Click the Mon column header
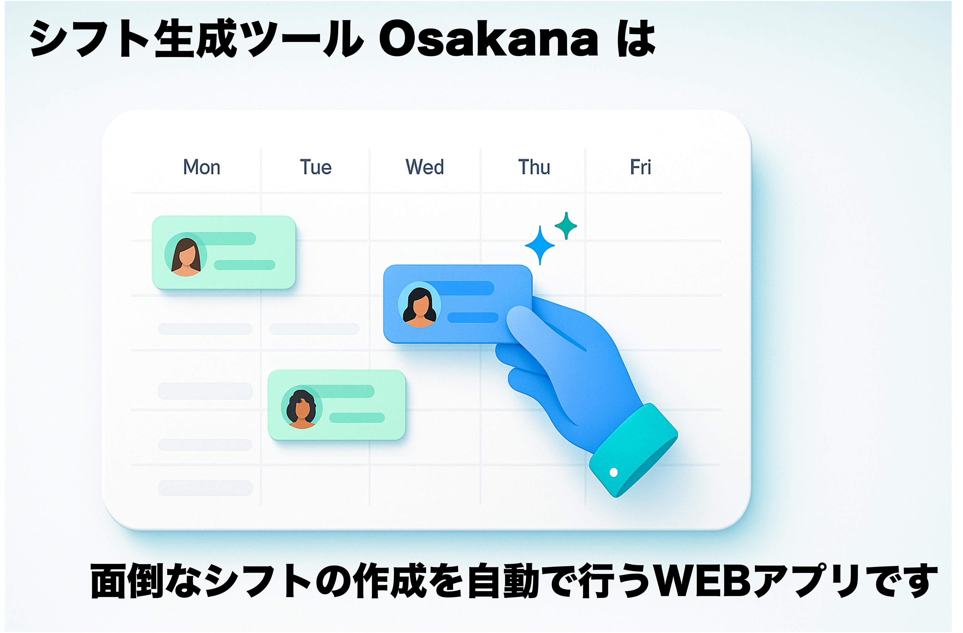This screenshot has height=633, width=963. [201, 167]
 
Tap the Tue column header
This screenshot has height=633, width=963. [316, 167]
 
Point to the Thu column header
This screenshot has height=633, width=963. [534, 167]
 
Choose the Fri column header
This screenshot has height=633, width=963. [640, 167]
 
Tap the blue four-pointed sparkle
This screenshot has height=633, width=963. [540, 245]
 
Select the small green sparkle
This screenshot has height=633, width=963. [566, 226]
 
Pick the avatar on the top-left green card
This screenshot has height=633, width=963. [186, 255]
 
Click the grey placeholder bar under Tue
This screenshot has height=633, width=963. [314, 329]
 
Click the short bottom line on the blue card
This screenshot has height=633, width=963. [473, 317]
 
